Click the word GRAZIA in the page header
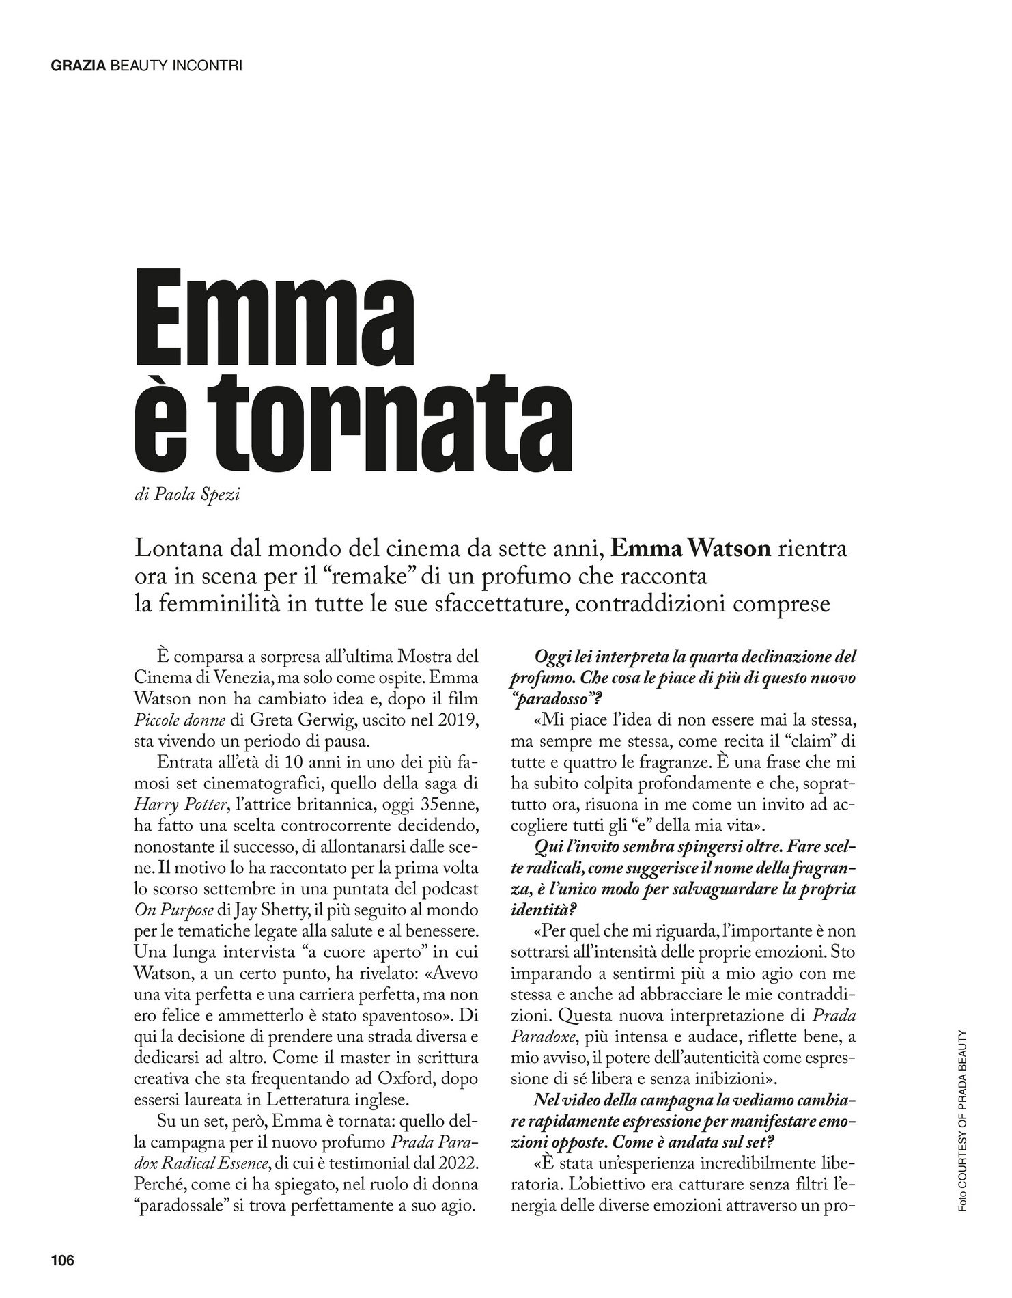(x=79, y=66)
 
